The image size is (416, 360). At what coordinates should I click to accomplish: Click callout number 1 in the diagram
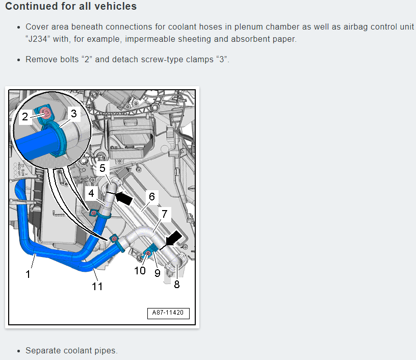tap(28, 274)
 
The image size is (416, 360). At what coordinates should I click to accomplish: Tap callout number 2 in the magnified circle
tap(25, 116)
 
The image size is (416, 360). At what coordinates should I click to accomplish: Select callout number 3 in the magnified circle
tap(74, 114)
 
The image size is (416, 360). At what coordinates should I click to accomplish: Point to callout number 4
tap(91, 193)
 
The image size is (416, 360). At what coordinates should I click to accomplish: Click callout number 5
tap(102, 168)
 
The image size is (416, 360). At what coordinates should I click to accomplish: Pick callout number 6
tap(152, 197)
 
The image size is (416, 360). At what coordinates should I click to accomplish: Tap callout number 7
tap(165, 214)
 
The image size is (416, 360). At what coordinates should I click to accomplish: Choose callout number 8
tap(177, 285)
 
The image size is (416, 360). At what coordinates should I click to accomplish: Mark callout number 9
tap(158, 273)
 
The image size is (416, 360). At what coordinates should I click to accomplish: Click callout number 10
tap(140, 271)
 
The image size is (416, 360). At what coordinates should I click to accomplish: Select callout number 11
tap(97, 286)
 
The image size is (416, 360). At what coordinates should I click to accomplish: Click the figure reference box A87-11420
tap(168, 313)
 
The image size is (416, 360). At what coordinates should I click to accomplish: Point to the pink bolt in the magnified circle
tap(47, 114)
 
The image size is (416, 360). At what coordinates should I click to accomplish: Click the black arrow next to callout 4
tap(124, 198)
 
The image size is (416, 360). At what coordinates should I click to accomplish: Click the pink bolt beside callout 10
tap(148, 253)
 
